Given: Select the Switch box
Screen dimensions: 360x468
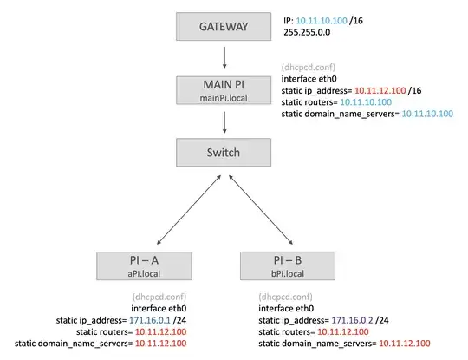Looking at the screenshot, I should click(x=224, y=153).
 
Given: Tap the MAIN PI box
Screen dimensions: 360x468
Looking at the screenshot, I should click(x=224, y=88).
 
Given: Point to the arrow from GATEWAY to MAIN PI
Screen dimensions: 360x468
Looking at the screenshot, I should click(x=224, y=57).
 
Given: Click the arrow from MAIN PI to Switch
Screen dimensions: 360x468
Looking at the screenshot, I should click(x=224, y=121).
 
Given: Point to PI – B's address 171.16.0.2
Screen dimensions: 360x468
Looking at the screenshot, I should click(x=351, y=319).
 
